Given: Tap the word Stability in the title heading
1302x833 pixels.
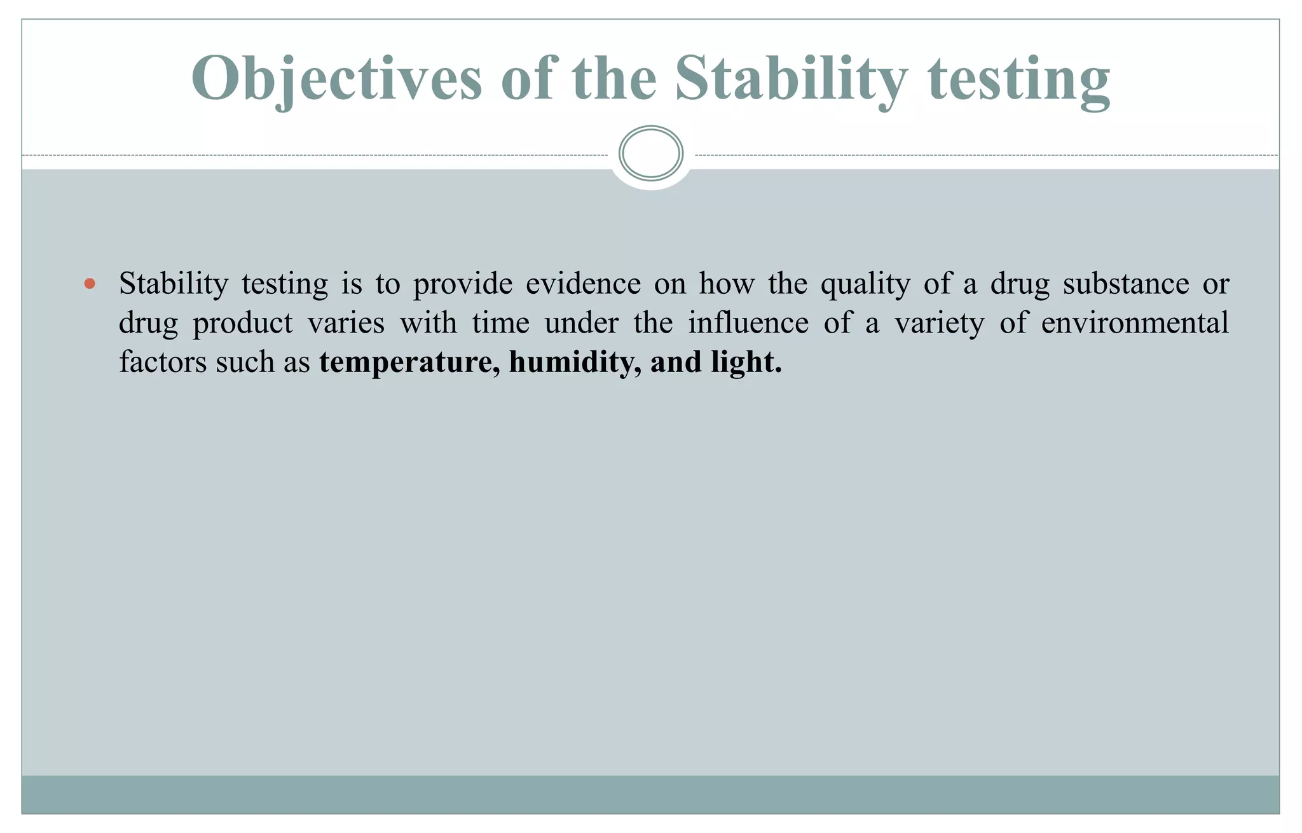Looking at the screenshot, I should tap(791, 79).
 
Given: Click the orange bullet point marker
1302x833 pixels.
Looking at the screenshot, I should tap(90, 284).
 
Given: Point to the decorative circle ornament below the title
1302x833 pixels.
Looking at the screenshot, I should tap(650, 154).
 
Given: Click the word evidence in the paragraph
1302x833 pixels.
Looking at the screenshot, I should tap(583, 284).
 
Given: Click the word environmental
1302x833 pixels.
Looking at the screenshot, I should tap(1135, 323).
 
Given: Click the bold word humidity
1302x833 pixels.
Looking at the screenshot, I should tap(575, 363).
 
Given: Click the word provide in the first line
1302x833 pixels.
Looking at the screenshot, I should tap(462, 284).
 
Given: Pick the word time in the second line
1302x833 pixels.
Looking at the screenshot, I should tap(501, 323).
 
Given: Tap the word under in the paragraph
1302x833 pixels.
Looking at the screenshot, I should tap(581, 323).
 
